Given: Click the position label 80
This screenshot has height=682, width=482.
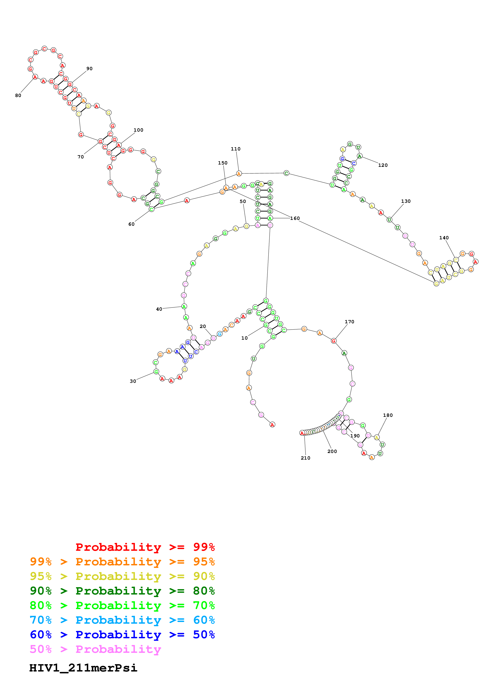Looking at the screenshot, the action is tap(18, 95).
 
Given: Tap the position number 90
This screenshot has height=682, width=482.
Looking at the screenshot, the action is tap(89, 69).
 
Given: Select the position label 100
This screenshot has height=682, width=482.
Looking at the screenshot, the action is tap(138, 130).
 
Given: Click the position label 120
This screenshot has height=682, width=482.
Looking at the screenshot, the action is tap(383, 165).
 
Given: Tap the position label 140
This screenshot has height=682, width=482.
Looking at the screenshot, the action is tap(444, 238).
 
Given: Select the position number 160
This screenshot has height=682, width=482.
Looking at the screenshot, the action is tap(295, 218).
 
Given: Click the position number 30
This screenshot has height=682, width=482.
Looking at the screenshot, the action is tap(133, 381).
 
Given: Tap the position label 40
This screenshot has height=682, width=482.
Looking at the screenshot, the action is tap(159, 309).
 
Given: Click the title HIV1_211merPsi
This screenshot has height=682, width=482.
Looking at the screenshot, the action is tap(83, 668).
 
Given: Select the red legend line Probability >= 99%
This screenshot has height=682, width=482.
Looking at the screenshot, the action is tap(145, 547).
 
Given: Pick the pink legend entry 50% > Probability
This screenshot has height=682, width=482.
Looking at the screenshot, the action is tap(95, 649).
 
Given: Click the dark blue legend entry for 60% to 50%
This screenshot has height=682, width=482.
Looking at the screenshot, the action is tap(122, 635).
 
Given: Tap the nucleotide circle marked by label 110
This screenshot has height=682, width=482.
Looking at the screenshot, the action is tap(239, 173).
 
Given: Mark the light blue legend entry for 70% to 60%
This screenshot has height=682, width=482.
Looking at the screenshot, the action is tap(122, 620).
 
